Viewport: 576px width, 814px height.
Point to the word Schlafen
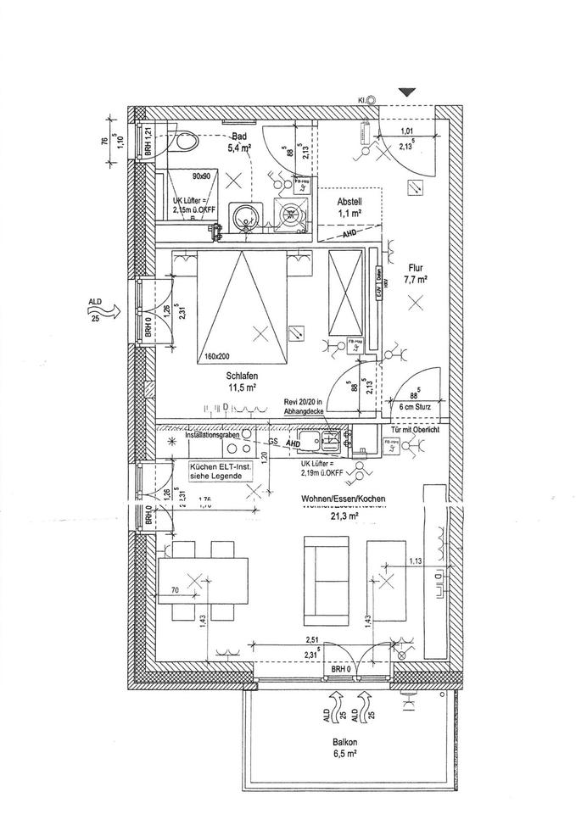click(242, 376)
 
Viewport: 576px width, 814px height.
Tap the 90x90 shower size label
click(202, 176)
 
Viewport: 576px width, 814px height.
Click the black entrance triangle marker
click(408, 92)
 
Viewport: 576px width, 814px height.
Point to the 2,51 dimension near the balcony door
click(314, 642)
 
